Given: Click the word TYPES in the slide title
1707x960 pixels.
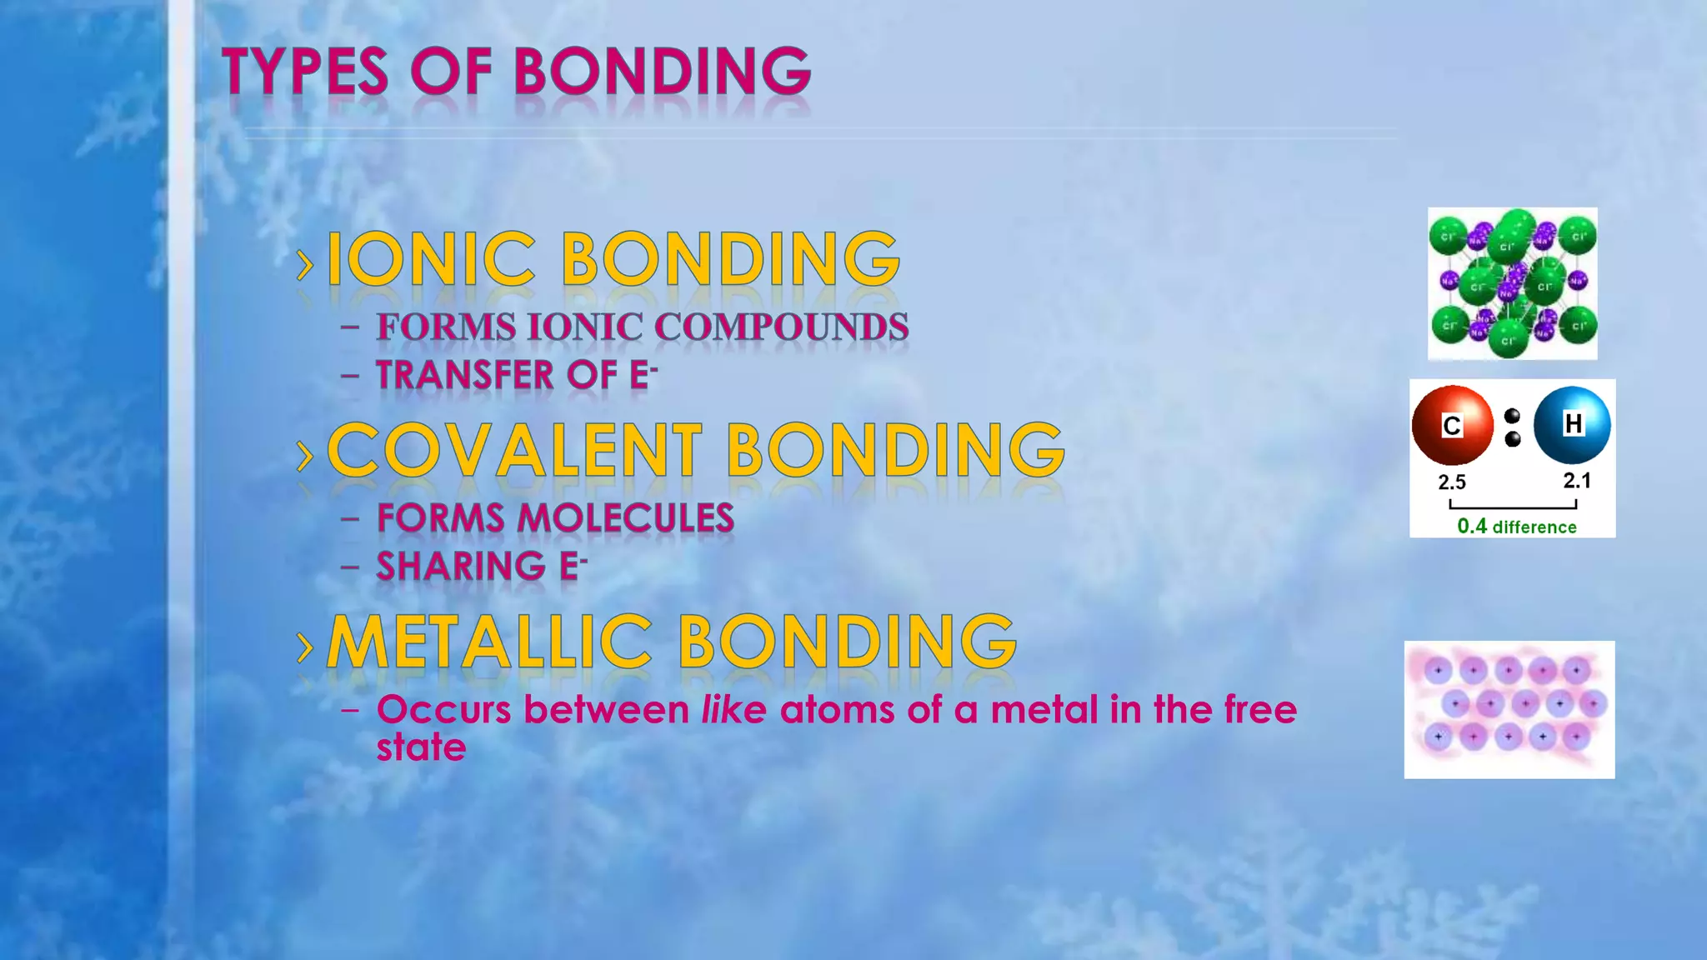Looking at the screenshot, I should coord(305,72).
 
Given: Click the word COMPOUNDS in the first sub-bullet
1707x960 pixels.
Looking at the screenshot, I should coord(781,327).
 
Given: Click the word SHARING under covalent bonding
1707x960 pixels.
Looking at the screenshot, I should coord(461,567).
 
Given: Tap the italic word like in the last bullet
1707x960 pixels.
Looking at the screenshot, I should coord(733,710).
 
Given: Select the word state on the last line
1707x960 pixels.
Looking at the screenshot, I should coord(421,747).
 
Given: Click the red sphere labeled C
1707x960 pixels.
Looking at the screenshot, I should coord(1452,425).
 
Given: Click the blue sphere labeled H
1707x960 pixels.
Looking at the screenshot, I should coord(1572,424).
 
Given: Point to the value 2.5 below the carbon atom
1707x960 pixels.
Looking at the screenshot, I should coord(1452,482).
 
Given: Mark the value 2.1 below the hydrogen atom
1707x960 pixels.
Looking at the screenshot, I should coord(1577,480).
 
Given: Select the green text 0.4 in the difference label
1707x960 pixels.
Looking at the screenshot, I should coord(1472,526).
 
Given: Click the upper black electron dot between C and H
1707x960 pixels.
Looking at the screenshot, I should coord(1513,416).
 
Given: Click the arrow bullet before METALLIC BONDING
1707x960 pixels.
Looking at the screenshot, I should coord(306,647).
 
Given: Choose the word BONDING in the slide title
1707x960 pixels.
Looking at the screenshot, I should coord(662,72).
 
